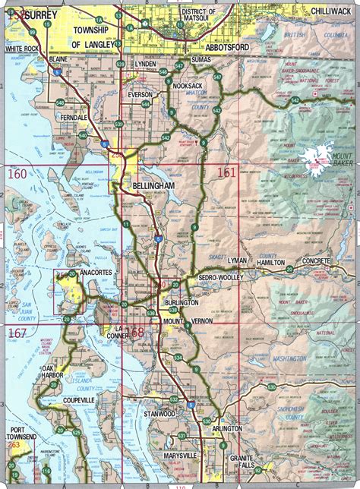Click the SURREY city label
27,13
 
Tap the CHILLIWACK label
333,11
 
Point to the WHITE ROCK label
21,49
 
